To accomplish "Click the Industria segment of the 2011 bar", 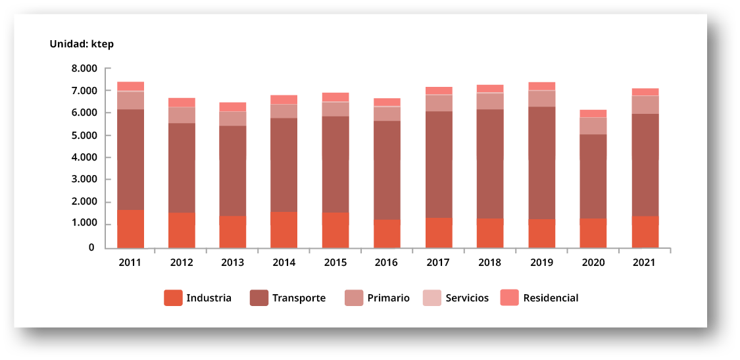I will click(x=130, y=228).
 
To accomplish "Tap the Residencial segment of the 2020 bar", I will click(x=593, y=113).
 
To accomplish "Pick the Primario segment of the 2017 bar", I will click(x=439, y=103).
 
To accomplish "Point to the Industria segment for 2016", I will click(x=387, y=233).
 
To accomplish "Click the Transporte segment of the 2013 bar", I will click(x=233, y=170).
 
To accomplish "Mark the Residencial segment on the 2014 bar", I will click(x=284, y=99).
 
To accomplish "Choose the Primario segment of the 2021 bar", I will click(x=645, y=105).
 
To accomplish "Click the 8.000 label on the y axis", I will click(x=84, y=68).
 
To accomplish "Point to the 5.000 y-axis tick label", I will click(x=84, y=136).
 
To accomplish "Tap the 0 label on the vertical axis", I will click(x=91, y=247).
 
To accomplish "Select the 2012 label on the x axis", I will click(x=182, y=263).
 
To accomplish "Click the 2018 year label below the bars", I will click(x=490, y=263).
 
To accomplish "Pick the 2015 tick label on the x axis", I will click(x=335, y=263).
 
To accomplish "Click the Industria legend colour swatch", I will click(x=173, y=298).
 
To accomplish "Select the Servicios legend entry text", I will click(x=467, y=298).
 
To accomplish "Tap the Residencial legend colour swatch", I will click(x=510, y=298).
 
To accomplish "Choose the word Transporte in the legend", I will click(x=299, y=298).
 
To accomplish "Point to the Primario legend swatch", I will click(x=354, y=298).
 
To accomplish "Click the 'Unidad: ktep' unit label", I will click(x=82, y=44).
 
